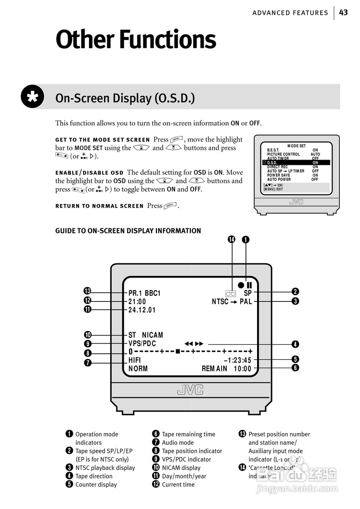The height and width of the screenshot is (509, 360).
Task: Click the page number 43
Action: (x=343, y=13)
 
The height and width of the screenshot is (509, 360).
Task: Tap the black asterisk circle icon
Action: (x=33, y=97)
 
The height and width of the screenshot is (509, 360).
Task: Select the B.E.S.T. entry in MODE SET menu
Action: (x=273, y=150)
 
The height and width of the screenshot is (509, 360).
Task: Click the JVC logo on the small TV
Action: (x=296, y=202)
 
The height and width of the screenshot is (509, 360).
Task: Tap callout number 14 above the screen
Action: (x=232, y=239)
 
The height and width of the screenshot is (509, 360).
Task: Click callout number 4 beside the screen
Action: (x=295, y=344)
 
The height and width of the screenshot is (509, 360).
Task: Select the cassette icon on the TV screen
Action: (x=231, y=293)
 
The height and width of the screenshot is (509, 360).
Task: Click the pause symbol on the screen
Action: (x=250, y=285)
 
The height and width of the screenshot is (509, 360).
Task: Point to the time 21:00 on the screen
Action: (x=137, y=302)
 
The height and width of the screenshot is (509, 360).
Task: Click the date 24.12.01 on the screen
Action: (x=142, y=310)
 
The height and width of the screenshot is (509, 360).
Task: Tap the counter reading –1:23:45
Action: (x=238, y=360)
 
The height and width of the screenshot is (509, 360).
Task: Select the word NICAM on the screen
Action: (x=153, y=335)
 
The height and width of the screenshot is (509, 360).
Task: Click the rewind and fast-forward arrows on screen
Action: (x=194, y=344)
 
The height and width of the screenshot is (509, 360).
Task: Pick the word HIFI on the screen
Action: (x=135, y=360)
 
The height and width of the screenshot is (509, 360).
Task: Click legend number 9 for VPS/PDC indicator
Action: (x=156, y=459)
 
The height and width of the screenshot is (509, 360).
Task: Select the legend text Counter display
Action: (x=96, y=484)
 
